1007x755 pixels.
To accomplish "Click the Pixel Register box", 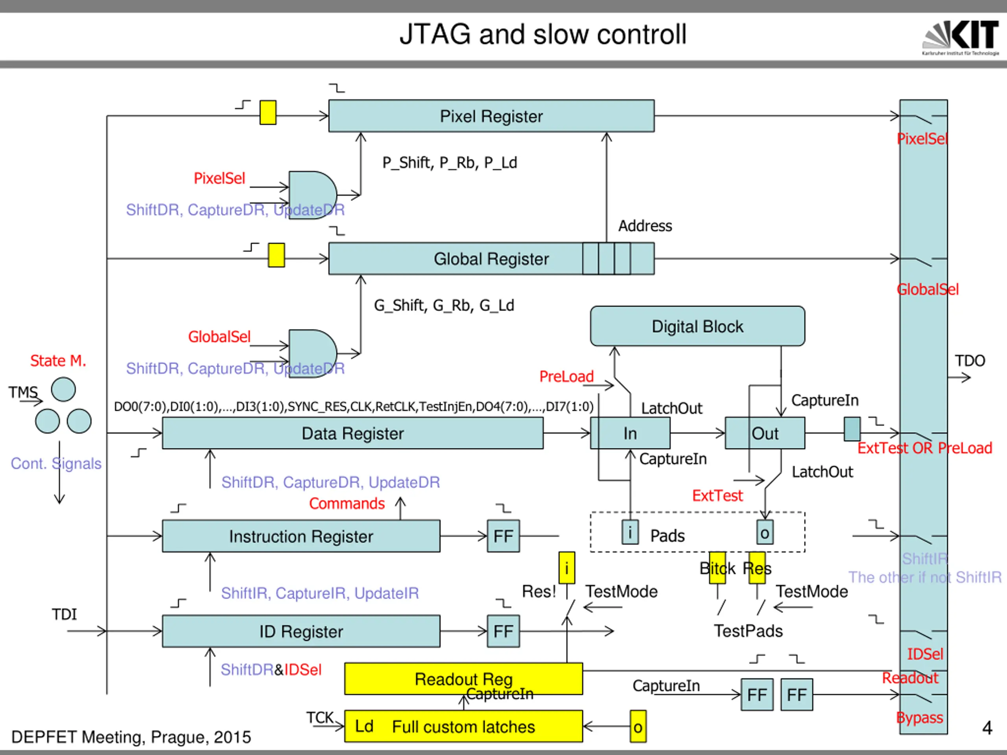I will tap(491, 116).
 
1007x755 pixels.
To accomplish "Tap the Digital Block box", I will tap(697, 326).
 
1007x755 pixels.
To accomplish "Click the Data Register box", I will tap(352, 433).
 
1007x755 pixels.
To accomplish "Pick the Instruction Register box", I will tap(301, 536).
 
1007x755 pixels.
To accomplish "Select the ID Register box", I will tap(301, 631).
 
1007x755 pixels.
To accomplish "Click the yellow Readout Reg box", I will tap(463, 679).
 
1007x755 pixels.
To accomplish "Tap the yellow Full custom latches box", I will tap(463, 726).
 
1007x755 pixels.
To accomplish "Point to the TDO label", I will tap(970, 361).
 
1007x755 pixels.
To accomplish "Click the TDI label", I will tap(64, 614).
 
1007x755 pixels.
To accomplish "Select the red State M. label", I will tap(58, 361).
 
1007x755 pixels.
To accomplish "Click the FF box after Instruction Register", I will tap(503, 536).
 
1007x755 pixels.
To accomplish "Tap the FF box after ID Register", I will tap(503, 631).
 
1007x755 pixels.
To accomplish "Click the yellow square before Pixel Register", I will tap(268, 112).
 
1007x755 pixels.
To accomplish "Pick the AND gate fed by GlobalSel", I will tap(312, 353).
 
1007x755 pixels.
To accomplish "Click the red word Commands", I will tap(347, 503).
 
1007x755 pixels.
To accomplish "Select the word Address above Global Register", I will tap(645, 226).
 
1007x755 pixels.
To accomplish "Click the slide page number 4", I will tap(987, 728).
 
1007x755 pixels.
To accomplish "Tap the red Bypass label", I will tap(919, 717).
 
